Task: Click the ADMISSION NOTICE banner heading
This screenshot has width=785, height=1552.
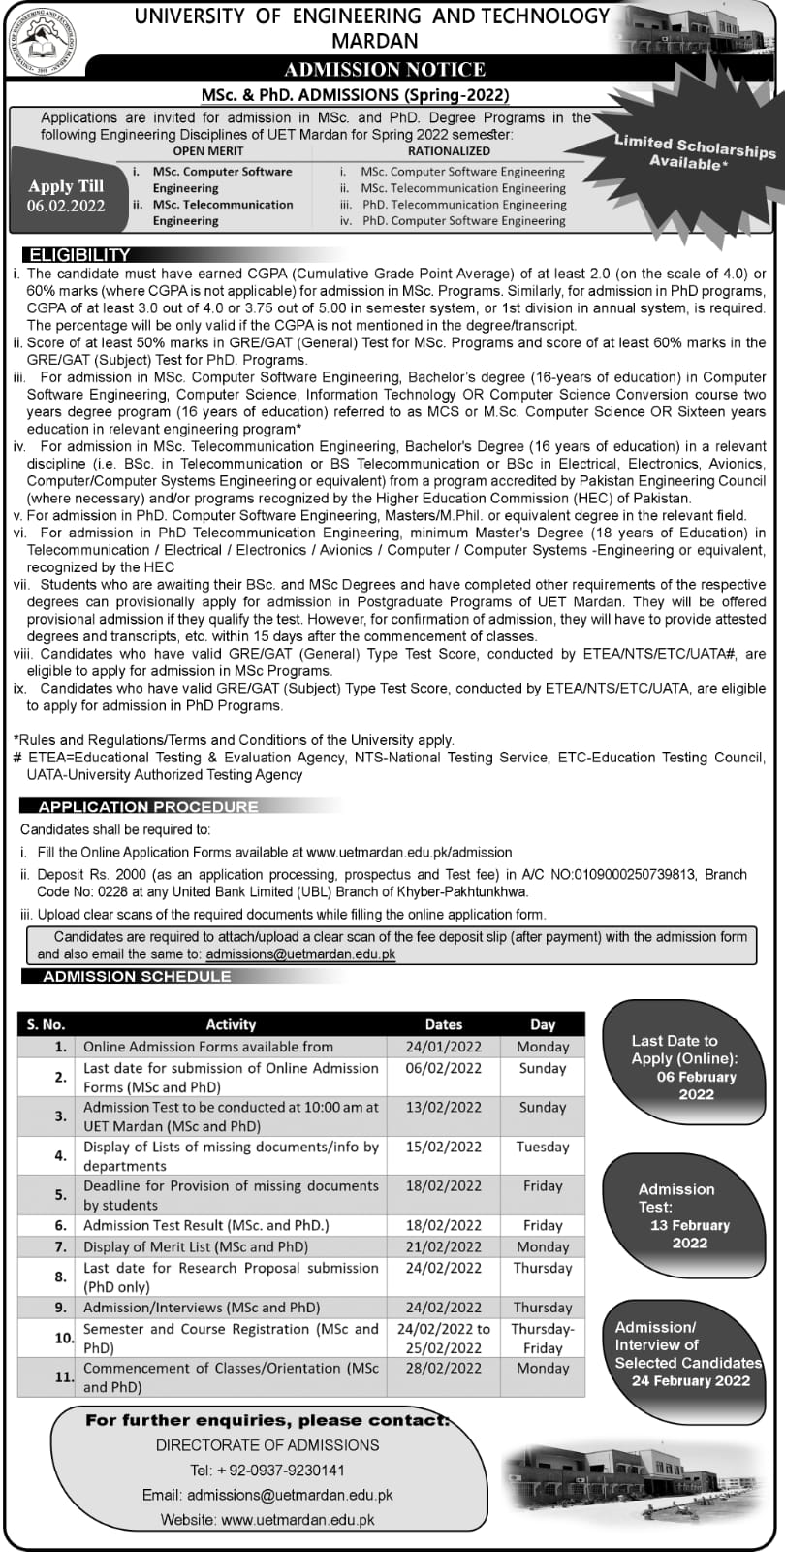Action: [385, 69]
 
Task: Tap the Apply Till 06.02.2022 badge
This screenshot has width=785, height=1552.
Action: [66, 195]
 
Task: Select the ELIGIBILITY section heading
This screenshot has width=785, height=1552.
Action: [79, 255]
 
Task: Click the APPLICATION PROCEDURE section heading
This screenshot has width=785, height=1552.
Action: [148, 806]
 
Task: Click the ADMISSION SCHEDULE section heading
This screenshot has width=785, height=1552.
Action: [137, 976]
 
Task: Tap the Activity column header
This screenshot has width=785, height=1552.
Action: [231, 1024]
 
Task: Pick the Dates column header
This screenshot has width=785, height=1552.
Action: [444, 1024]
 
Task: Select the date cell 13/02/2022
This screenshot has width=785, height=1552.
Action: [444, 1107]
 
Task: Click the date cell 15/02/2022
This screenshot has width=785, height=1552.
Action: [444, 1147]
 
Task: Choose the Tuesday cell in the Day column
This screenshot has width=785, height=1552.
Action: [543, 1147]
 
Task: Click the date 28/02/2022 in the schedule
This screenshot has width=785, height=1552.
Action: [444, 1368]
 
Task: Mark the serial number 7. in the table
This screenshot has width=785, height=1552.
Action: [60, 1246]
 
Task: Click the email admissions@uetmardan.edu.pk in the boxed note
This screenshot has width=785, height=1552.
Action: [300, 954]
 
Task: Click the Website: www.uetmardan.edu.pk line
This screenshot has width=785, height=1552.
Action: [267, 1520]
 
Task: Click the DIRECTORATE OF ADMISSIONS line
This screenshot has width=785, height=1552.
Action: [267, 1445]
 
